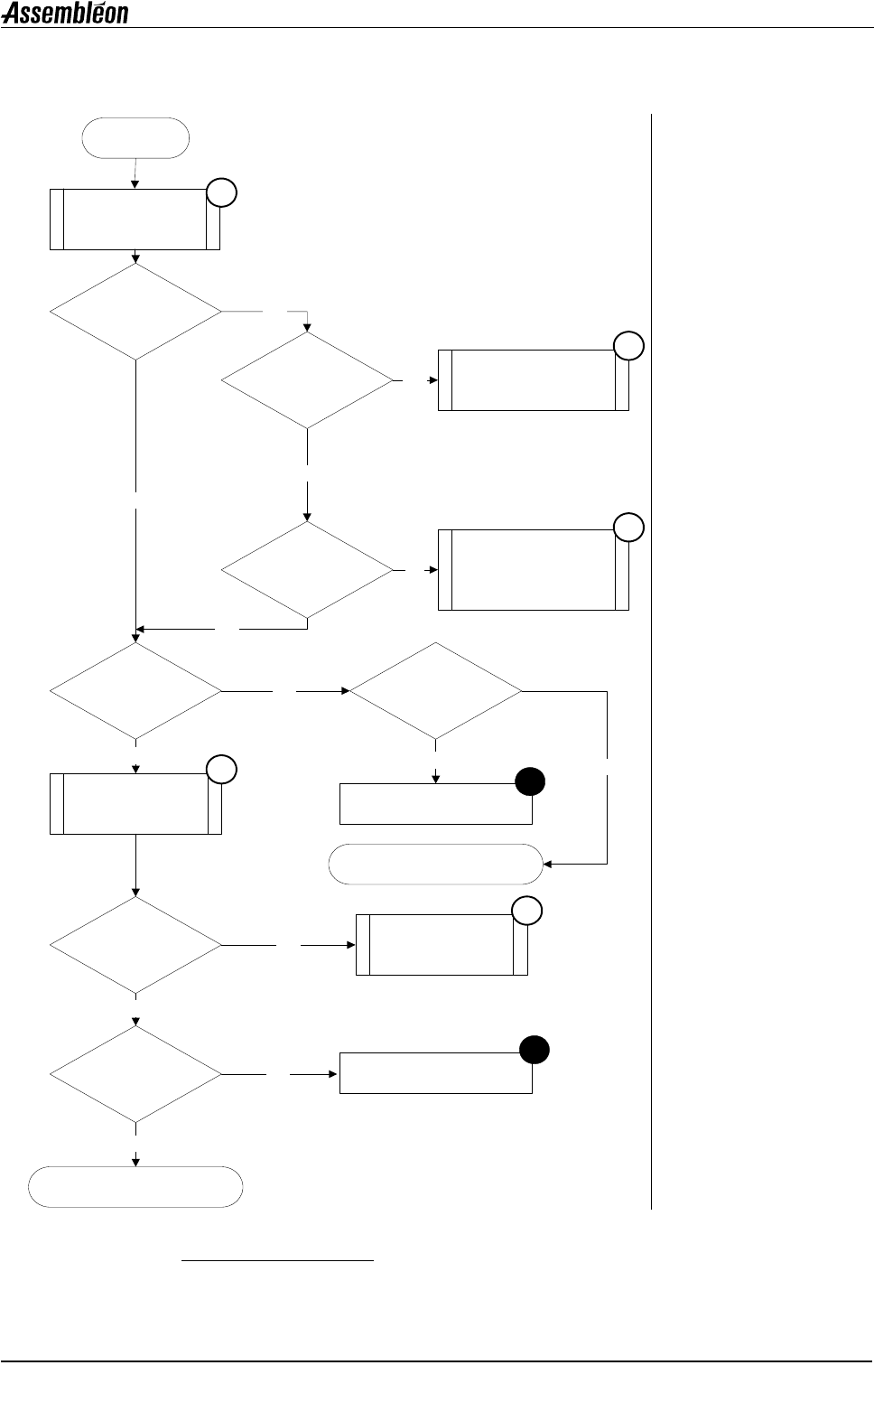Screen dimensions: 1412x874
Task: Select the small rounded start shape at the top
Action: [x=135, y=138]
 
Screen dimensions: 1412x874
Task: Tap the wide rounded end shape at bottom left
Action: [x=135, y=1187]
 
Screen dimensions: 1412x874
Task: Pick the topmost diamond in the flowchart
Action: [x=135, y=312]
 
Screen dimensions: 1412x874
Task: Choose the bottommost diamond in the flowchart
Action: [x=135, y=1075]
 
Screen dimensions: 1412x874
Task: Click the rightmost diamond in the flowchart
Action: [x=436, y=692]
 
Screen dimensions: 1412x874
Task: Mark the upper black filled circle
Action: [x=530, y=781]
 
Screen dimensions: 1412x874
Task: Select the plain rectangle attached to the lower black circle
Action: [x=435, y=1073]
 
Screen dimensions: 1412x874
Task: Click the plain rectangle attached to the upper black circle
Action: [x=435, y=804]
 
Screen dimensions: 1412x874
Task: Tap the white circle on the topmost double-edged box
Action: [x=222, y=192]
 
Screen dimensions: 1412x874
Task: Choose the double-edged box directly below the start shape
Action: [x=135, y=219]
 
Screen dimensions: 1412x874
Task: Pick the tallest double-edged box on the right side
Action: [x=533, y=570]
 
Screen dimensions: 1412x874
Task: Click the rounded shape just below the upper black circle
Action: [x=435, y=864]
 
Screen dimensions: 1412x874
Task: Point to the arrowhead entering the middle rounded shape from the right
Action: [x=547, y=864]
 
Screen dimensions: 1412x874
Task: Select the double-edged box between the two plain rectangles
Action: [x=442, y=944]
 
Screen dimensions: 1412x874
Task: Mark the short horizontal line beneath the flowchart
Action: [x=277, y=1259]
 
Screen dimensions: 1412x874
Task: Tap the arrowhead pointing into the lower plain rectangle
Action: [x=334, y=1074]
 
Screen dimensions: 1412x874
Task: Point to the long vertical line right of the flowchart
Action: [x=650, y=659]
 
